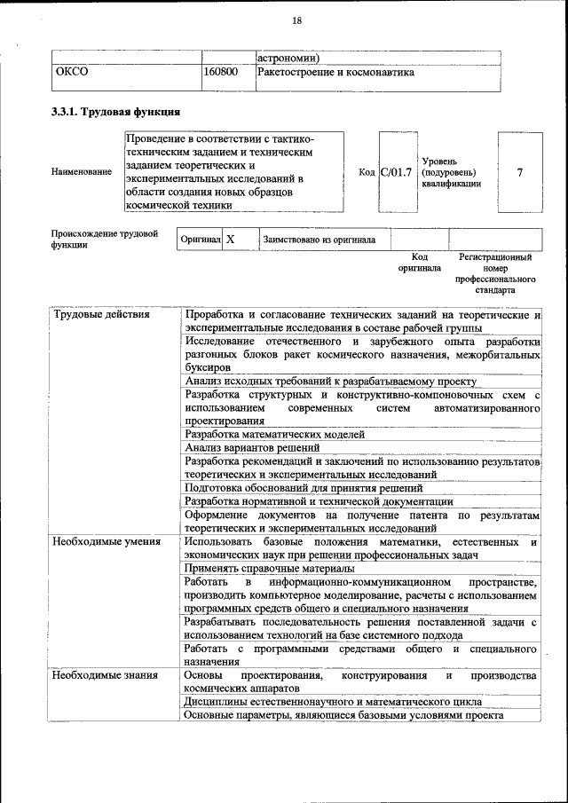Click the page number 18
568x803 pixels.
click(x=297, y=20)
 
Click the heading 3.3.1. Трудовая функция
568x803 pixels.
click(x=116, y=113)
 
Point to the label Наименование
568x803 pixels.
click(x=82, y=172)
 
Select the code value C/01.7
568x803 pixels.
click(x=396, y=172)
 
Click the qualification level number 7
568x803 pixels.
click(x=519, y=172)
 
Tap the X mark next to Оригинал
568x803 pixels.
click(x=231, y=240)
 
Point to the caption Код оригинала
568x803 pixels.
click(x=419, y=262)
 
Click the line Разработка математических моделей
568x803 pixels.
click(x=274, y=435)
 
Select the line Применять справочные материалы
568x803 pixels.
click(x=270, y=568)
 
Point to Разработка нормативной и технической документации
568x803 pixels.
click(x=318, y=500)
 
